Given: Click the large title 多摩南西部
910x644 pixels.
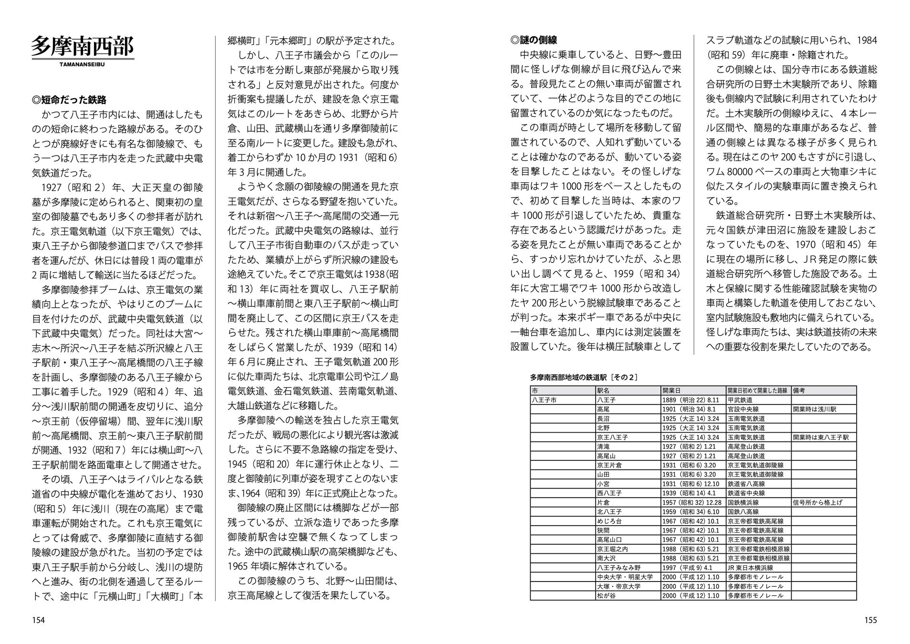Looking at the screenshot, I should pyautogui.click(x=83, y=46).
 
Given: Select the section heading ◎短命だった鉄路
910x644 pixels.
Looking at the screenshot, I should pyautogui.click(x=69, y=100).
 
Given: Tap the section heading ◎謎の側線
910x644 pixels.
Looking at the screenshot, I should pyautogui.click(x=533, y=41).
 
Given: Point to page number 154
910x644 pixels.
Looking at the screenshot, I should pyautogui.click(x=38, y=620).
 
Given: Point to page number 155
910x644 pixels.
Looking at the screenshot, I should pyautogui.click(x=870, y=620).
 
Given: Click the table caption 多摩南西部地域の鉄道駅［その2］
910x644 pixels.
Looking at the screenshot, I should pyautogui.click(x=584, y=377).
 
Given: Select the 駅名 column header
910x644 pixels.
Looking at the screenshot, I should pyautogui.click(x=604, y=390).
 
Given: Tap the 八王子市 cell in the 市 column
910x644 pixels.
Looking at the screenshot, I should pyautogui.click(x=544, y=400).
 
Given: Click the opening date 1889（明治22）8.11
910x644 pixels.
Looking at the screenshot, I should pyautogui.click(x=690, y=400).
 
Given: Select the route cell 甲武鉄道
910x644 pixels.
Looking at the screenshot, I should pyautogui.click(x=740, y=400).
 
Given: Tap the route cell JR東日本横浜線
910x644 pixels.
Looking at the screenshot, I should pyautogui.click(x=750, y=568).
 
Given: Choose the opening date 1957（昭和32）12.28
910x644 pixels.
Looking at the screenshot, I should pyautogui.click(x=691, y=502).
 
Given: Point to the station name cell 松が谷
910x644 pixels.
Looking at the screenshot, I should pyautogui.click(x=606, y=595).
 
